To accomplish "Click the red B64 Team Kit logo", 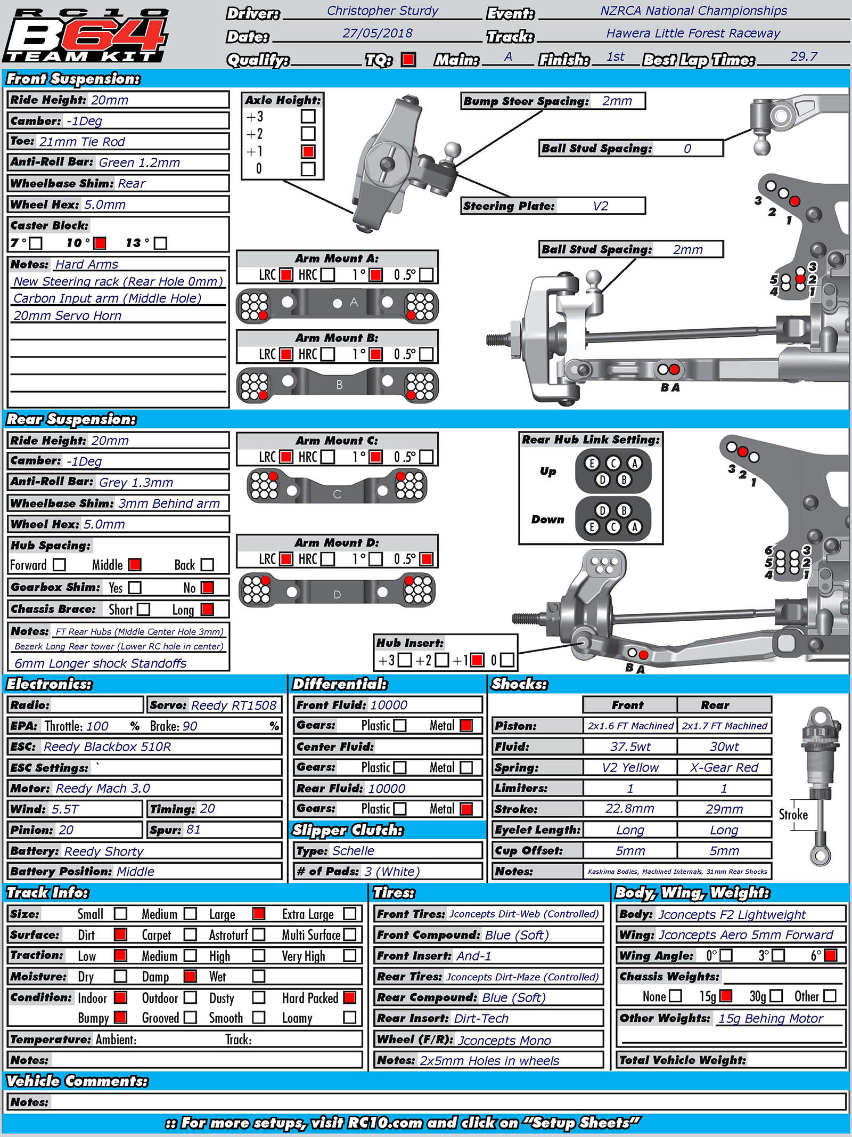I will [85, 35].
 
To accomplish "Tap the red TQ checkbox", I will [408, 59].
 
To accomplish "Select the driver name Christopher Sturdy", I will [382, 11].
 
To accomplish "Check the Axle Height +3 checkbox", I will [308, 116].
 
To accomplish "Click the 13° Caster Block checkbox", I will [160, 243].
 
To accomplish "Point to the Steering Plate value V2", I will [600, 206].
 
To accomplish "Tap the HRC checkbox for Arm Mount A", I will [328, 275].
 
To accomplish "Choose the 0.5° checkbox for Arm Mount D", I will [426, 559].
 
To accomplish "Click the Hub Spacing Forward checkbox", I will [60, 564].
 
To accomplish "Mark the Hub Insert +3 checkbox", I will [405, 660].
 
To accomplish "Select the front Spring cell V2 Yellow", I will [630, 767].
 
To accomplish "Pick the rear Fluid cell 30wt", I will [724, 746].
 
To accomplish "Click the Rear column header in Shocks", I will [715, 705].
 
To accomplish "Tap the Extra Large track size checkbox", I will [350, 914].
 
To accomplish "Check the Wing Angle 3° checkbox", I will [778, 955].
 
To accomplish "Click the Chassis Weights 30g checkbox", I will [776, 996].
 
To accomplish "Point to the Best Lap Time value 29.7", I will [804, 56].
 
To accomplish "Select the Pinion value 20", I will [66, 830].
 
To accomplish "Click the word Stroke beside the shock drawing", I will [793, 815].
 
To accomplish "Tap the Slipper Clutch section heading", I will [348, 830].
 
